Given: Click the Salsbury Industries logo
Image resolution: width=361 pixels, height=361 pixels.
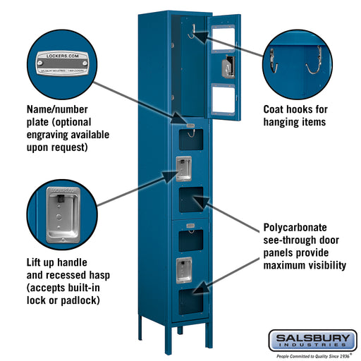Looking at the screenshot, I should (312, 340).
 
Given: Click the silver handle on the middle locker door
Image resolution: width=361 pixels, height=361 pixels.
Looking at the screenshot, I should (183, 168).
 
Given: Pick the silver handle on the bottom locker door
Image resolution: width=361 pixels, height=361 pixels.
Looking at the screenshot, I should (183, 268).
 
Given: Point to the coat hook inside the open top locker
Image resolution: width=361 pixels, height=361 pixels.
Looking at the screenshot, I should (190, 30).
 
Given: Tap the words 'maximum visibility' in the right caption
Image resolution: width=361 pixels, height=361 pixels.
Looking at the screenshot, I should (304, 266).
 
